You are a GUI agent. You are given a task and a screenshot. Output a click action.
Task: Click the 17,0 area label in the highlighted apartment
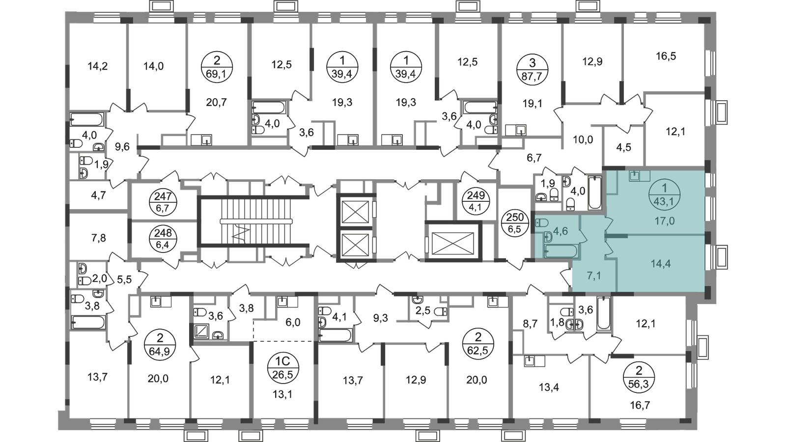click(x=665, y=221)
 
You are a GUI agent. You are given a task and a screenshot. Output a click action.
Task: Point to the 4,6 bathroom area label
click(x=561, y=231)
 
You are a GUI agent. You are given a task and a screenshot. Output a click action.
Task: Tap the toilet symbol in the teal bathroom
click(x=543, y=222)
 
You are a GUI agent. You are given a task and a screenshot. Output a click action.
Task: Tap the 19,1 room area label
click(x=532, y=104)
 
